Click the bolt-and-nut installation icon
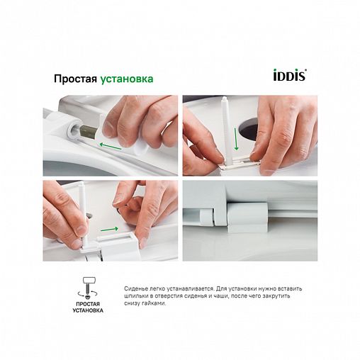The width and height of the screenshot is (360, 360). coord(89,288)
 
